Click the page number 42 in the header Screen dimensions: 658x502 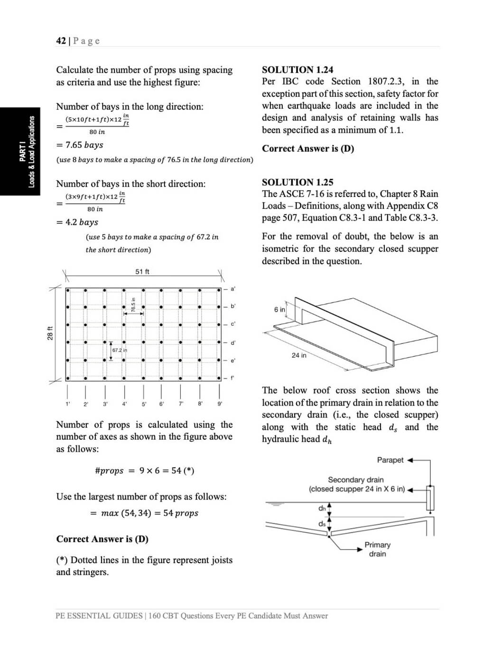pos(61,41)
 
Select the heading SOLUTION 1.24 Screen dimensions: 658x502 pos(297,69)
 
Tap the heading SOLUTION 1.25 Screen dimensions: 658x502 pos(297,182)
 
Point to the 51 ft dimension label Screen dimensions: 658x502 pos(142,271)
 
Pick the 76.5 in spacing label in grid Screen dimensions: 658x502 pos(133,304)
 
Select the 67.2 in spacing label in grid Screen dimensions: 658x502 pos(120,350)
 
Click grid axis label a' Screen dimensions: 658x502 pos(232,288)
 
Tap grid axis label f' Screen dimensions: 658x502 pos(232,378)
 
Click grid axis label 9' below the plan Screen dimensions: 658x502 pos(220,404)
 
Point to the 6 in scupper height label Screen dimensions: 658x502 pos(279,309)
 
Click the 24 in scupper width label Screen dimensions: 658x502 pos(299,355)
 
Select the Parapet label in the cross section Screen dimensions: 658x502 pos(390,460)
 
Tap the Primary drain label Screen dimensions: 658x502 pos(377,549)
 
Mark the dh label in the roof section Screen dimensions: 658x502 pos(322,509)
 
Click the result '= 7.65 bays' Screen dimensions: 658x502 pos(79,145)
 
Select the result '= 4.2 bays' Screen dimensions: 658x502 pos(77,222)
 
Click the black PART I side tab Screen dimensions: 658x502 pos(20,151)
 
